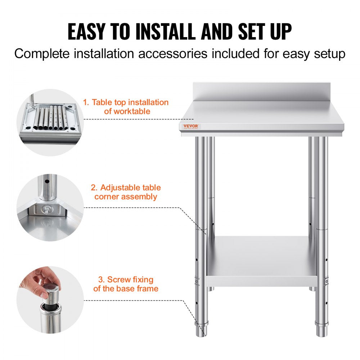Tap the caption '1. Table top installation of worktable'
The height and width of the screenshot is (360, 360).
click(x=126, y=107)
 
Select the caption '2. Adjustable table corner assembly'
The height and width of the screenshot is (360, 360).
click(x=126, y=192)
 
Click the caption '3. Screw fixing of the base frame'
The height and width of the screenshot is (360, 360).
click(x=126, y=284)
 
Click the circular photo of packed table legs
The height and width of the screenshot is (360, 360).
click(x=50, y=122)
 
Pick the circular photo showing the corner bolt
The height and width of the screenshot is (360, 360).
click(x=50, y=207)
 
